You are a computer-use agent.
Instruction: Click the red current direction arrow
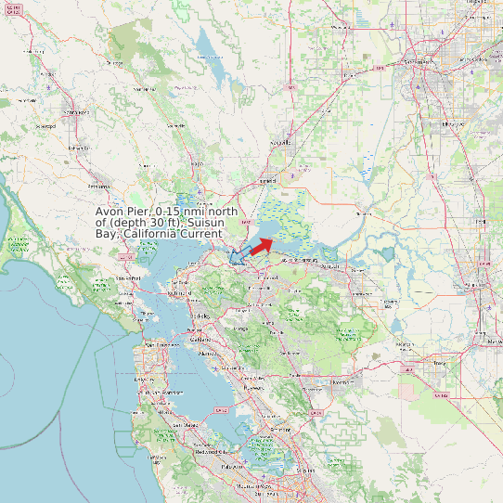(x=261, y=245)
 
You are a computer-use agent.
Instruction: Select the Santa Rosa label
(x=71, y=112)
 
